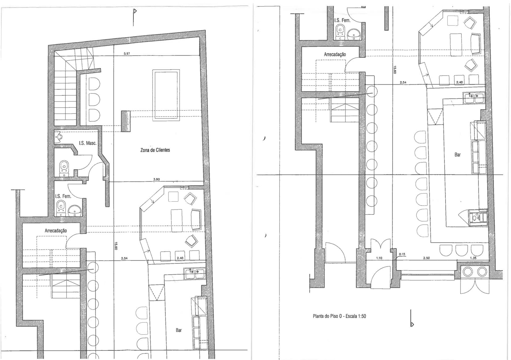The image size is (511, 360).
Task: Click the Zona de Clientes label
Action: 155,150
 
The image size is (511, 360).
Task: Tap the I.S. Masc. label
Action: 88,143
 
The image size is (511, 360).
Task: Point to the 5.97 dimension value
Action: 127,54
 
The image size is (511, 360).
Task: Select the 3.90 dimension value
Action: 156,179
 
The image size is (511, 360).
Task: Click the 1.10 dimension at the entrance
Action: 379,258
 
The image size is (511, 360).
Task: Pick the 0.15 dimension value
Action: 402,254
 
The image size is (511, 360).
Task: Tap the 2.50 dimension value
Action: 426,258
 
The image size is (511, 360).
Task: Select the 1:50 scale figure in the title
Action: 362,316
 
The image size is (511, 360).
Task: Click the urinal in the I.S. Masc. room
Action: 58,137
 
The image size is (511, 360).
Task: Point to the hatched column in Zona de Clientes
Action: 126,121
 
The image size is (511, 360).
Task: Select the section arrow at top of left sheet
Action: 135,11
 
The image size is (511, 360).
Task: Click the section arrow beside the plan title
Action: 412,324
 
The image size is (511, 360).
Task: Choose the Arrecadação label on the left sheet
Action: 56,231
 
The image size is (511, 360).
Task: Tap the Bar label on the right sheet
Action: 458,154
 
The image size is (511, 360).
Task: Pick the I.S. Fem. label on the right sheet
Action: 342,20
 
